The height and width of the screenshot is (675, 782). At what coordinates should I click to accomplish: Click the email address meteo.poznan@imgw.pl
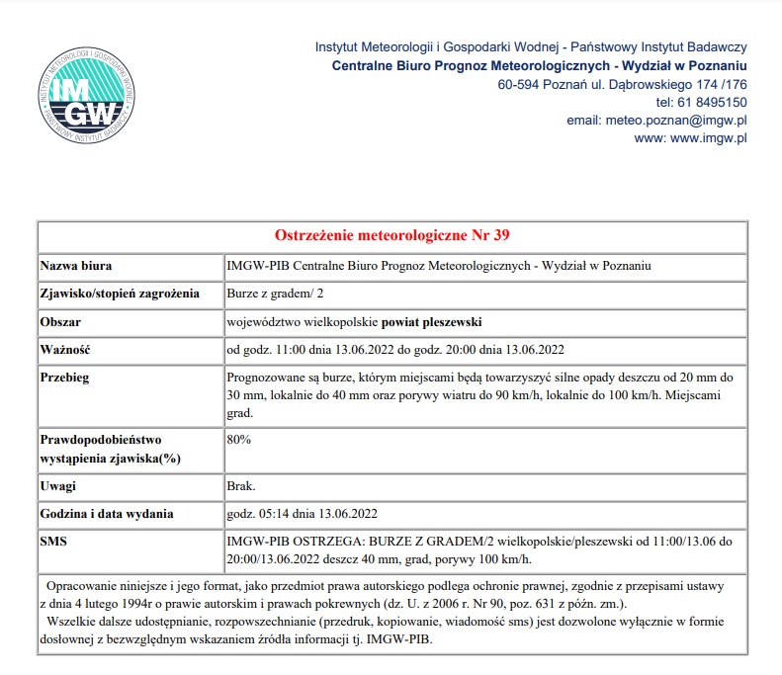(656, 120)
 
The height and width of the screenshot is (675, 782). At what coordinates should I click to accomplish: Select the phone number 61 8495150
(711, 102)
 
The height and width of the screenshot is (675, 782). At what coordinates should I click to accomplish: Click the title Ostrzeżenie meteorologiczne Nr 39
(391, 235)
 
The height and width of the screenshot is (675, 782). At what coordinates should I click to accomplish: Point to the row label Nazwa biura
(75, 265)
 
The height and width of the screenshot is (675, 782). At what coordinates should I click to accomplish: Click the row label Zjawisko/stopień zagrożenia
(119, 294)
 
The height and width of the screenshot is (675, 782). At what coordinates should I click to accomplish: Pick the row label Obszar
(60, 322)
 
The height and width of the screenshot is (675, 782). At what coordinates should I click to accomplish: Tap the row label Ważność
(65, 350)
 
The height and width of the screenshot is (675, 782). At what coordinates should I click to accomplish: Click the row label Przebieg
(65, 378)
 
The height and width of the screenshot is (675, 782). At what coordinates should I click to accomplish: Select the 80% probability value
(239, 439)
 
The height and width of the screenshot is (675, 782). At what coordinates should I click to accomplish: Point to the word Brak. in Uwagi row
(242, 486)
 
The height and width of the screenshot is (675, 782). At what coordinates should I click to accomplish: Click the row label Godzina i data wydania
(106, 513)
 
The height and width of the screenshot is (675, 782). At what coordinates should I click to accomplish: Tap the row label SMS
(53, 541)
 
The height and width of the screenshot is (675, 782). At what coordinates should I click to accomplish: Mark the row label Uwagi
(57, 486)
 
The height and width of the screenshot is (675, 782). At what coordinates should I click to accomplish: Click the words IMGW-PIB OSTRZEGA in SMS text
(288, 541)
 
